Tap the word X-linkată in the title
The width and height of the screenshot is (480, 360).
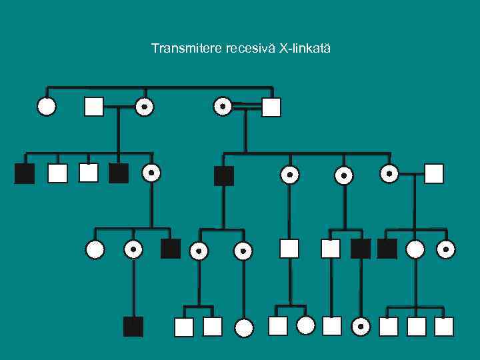(x=307, y=49)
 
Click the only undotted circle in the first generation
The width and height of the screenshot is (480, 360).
(x=47, y=106)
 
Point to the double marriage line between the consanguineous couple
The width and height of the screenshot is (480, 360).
(x=247, y=105)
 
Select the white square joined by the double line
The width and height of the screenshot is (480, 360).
(x=271, y=107)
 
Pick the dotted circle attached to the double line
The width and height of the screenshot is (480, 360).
(x=223, y=105)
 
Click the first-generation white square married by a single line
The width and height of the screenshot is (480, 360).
(x=94, y=106)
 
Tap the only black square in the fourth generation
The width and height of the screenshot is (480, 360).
(x=133, y=327)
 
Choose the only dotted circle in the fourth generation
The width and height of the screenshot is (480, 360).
(x=361, y=327)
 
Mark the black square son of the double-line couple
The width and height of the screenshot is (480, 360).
(x=224, y=176)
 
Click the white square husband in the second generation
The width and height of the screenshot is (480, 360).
(x=434, y=173)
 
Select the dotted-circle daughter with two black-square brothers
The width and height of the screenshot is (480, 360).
(x=151, y=173)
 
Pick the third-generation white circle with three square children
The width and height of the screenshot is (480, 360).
(x=415, y=249)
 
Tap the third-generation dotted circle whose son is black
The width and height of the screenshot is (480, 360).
(x=133, y=249)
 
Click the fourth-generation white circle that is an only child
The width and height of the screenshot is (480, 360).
(x=245, y=327)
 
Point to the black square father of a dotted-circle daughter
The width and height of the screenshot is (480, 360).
(x=361, y=249)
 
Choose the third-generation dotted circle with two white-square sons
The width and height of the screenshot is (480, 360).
(x=199, y=251)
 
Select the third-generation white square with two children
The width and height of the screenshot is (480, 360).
(x=289, y=249)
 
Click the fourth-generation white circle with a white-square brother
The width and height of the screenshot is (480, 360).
(x=305, y=325)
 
